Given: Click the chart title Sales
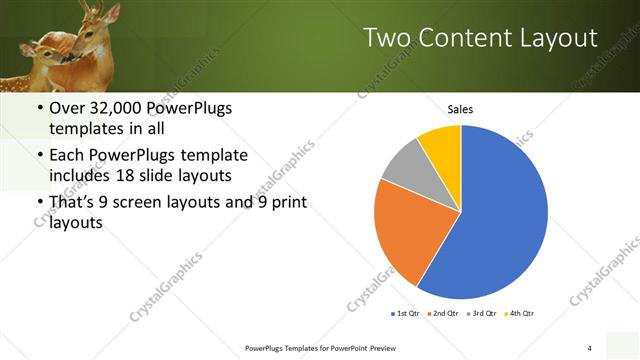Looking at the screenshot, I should click(x=460, y=109).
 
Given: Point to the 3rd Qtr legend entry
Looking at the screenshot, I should click(x=482, y=313).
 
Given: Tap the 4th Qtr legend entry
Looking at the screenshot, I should click(x=519, y=313).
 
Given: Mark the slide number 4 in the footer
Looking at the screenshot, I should click(x=590, y=347).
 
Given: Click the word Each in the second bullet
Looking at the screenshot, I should click(x=67, y=156).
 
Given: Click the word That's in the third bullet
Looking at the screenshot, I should click(x=72, y=205).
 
